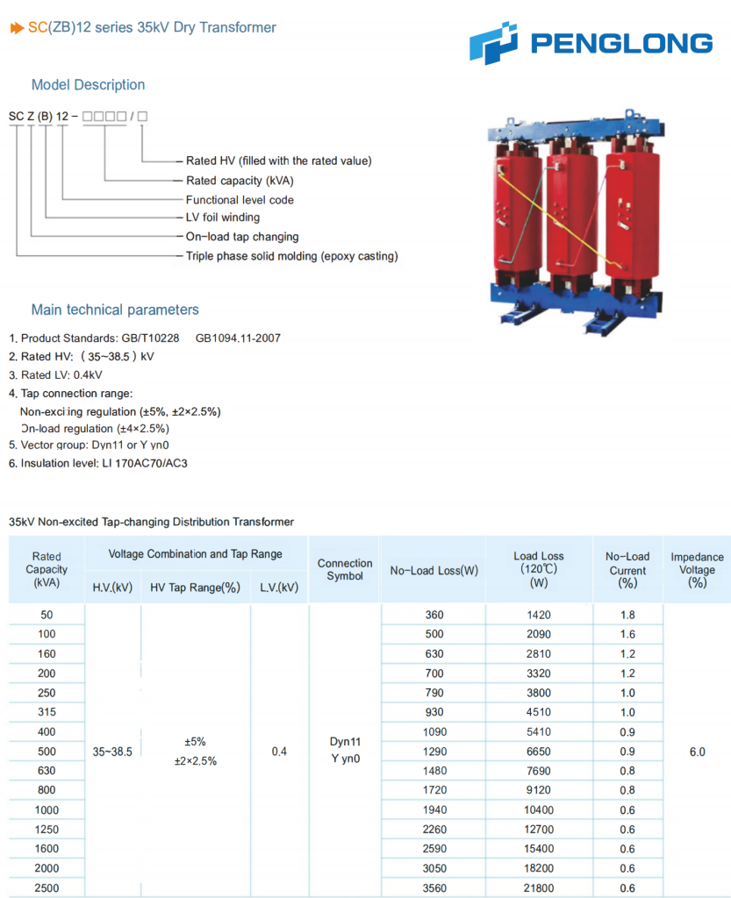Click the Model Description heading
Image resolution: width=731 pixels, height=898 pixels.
88,85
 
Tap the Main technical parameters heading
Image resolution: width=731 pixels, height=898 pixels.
115,310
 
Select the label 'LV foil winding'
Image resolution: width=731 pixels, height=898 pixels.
223,217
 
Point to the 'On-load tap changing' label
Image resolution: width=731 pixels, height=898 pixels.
242,237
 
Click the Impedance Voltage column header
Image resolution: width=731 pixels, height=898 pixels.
697,570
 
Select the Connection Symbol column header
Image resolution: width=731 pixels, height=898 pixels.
345,570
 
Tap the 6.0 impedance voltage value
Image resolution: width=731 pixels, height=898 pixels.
697,752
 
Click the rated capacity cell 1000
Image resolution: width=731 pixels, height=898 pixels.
47,810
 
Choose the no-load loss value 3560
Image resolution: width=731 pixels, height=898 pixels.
434,887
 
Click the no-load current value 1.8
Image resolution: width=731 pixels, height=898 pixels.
627,615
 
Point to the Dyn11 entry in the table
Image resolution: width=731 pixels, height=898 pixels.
345,742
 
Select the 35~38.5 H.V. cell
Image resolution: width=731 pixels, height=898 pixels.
112,752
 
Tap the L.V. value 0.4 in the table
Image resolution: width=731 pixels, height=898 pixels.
279,752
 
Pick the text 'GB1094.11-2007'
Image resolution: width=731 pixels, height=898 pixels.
238,339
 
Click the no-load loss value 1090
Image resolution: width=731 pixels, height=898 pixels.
434,732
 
